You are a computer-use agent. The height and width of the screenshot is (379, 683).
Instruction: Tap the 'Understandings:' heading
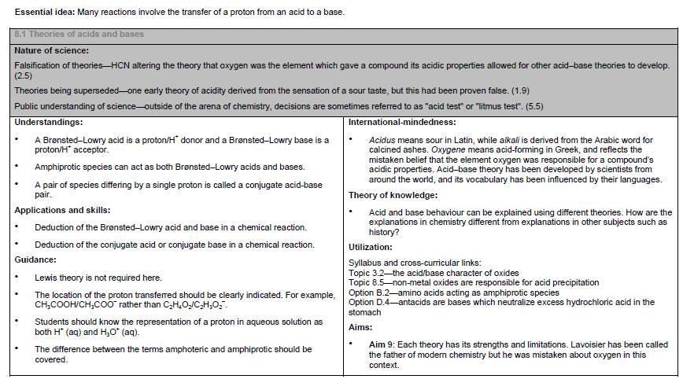click(48, 123)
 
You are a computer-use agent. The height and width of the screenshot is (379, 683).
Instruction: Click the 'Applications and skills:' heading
click(62, 210)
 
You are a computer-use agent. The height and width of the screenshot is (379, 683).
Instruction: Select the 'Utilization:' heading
click(371, 247)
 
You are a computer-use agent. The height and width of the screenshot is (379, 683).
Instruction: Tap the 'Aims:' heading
click(361, 326)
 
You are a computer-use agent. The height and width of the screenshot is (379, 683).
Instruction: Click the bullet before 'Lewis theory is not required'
click(18, 278)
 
